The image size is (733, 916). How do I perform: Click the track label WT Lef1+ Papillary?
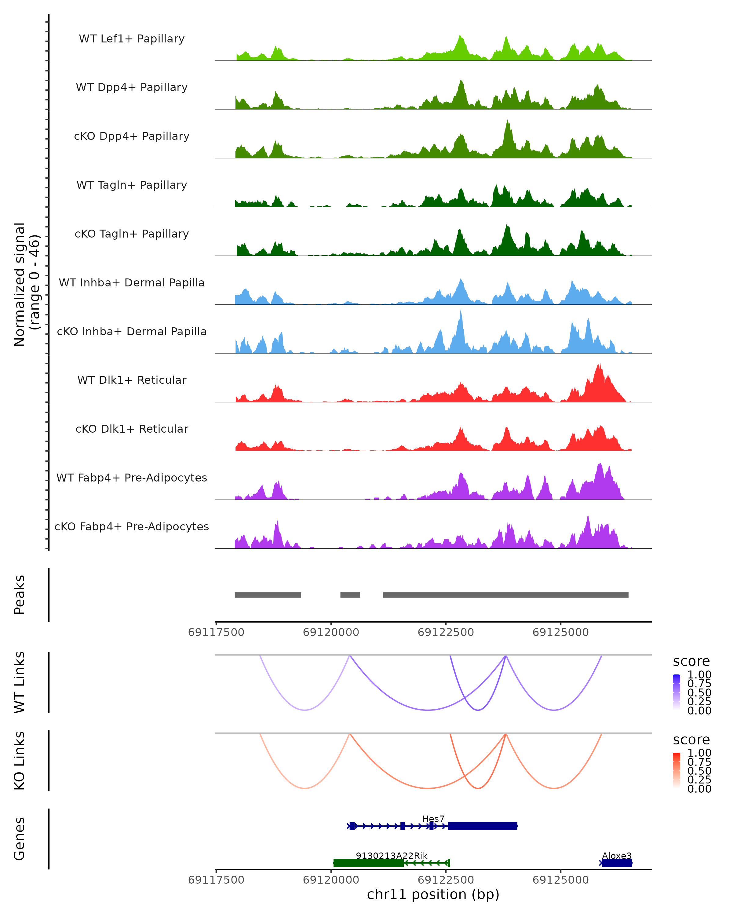(132, 39)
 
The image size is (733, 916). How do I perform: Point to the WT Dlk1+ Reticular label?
(132, 380)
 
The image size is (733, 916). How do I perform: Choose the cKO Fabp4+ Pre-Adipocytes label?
(132, 526)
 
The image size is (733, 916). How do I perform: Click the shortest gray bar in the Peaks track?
(350, 595)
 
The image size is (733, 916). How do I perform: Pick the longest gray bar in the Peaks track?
(506, 595)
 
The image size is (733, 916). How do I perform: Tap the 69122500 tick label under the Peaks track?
(446, 632)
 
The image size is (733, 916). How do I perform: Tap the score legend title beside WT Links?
(691, 662)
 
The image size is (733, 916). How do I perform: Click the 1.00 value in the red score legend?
(699, 753)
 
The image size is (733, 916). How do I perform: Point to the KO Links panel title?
(20, 761)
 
